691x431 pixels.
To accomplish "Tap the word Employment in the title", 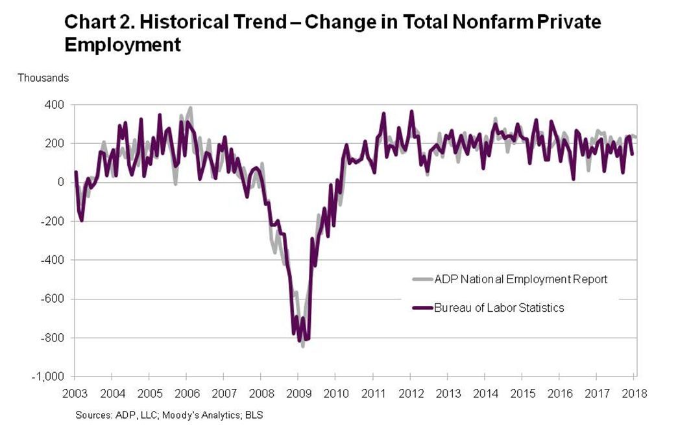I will click(122, 45).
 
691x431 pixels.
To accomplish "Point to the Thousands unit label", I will click(43, 78).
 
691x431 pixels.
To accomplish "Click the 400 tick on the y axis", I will click(54, 104).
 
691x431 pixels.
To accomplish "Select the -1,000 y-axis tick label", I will click(49, 377).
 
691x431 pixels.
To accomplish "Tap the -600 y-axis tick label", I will click(52, 299).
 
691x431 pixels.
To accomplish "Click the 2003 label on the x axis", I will click(75, 393).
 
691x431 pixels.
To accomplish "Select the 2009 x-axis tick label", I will click(298, 393).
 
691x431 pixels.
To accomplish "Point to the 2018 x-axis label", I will click(634, 393).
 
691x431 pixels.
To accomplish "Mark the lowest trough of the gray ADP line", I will click(303, 347).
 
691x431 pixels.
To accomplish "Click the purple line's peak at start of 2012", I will click(411, 111).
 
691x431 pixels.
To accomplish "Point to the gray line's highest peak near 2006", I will click(190, 108).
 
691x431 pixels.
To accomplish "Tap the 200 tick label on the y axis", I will click(54, 143).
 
